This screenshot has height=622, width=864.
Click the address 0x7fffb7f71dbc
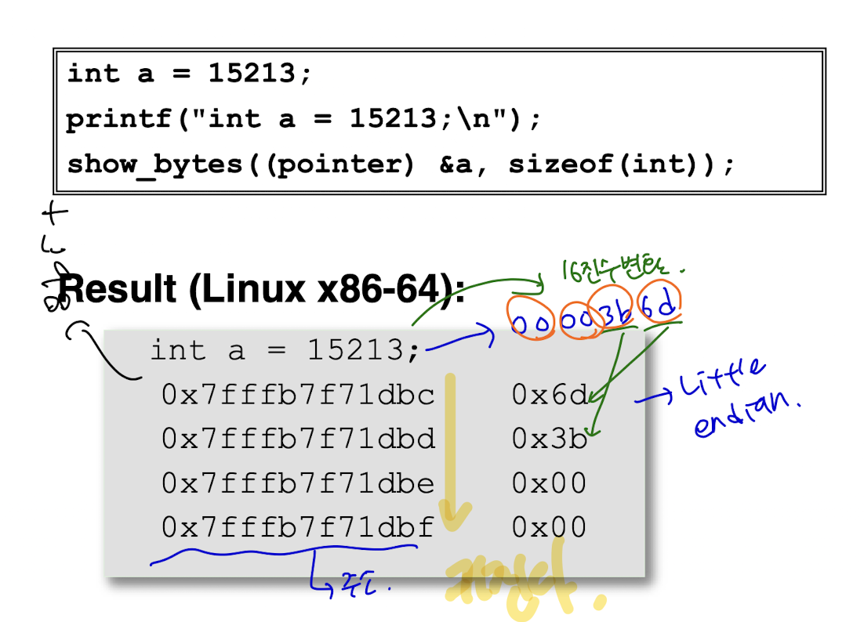[x=298, y=395]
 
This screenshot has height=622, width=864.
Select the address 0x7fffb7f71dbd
[x=298, y=439]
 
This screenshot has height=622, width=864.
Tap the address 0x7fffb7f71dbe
[x=298, y=483]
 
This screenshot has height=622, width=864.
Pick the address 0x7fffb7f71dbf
[x=298, y=527]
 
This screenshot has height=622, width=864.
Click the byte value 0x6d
[x=549, y=395]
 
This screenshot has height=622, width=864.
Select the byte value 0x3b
[x=549, y=439]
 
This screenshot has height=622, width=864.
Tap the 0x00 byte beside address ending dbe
[x=549, y=483]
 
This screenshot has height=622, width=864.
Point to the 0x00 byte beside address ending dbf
[x=549, y=527]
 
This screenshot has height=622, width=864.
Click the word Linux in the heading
[x=250, y=289]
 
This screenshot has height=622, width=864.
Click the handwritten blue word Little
[x=721, y=380]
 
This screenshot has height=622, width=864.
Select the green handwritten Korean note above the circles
[x=619, y=271]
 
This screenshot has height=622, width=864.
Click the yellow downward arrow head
[x=454, y=513]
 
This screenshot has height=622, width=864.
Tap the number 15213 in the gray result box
[x=358, y=350]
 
